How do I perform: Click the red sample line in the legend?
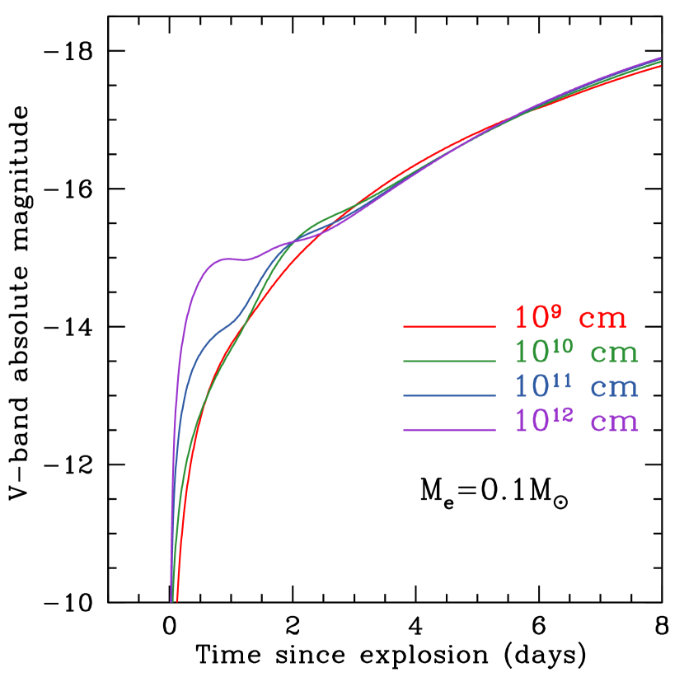pyautogui.click(x=449, y=327)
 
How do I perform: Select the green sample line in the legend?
pyautogui.click(x=449, y=361)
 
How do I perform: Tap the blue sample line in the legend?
pyautogui.click(x=449, y=396)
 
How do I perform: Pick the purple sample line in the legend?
pyautogui.click(x=449, y=430)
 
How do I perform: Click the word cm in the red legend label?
pyautogui.click(x=602, y=319)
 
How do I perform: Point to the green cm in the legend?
pyautogui.click(x=615, y=353)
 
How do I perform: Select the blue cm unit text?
pyautogui.click(x=615, y=388)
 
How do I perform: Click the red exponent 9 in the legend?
pyautogui.click(x=557, y=310)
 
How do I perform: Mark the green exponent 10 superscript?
pyautogui.click(x=563, y=345)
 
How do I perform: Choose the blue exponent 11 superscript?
pyautogui.click(x=563, y=380)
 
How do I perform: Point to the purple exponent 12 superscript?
pyautogui.click(x=563, y=414)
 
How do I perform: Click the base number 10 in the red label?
pyautogui.click(x=532, y=318)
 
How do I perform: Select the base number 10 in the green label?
pyautogui.click(x=532, y=353)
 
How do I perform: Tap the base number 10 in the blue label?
pyautogui.click(x=532, y=387)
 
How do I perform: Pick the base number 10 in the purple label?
pyautogui.click(x=532, y=422)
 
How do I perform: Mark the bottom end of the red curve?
pyautogui.click(x=177, y=600)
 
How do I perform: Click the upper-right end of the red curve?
pyautogui.click(x=661, y=66)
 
